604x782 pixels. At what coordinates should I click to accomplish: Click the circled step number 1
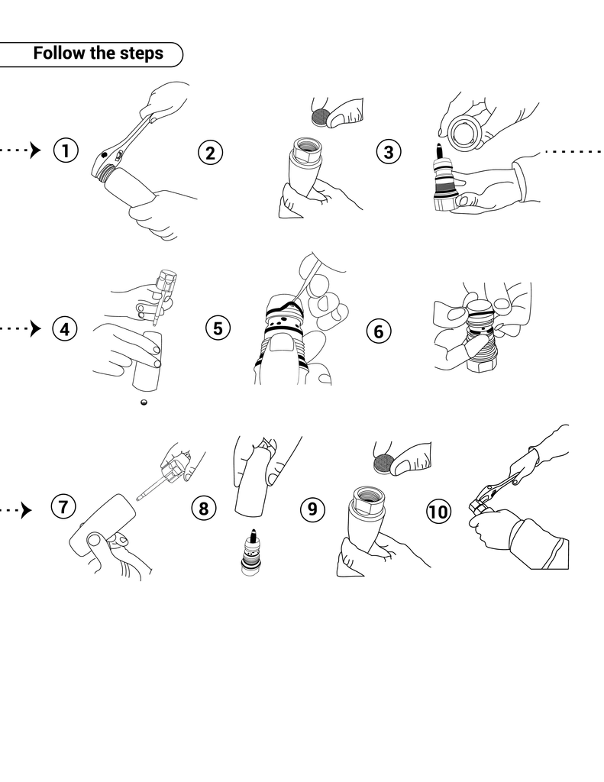66,150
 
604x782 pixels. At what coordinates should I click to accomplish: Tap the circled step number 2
211,153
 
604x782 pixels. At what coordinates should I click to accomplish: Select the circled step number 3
389,152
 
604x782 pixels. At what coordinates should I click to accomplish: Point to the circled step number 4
65,329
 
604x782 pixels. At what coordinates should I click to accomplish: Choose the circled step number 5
218,328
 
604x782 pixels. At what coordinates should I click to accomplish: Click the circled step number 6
379,331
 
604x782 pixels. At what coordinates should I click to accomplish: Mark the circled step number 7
63,506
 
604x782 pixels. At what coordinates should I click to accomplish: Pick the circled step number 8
204,508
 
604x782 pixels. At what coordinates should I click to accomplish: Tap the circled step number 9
312,509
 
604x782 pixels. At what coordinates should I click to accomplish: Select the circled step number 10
438,512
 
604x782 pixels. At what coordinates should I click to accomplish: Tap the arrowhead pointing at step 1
35,150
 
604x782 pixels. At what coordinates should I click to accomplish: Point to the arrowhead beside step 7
27,510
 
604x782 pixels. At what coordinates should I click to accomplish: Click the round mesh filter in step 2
320,117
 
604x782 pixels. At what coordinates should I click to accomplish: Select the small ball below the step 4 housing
144,402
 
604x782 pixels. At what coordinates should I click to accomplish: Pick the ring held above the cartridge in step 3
466,132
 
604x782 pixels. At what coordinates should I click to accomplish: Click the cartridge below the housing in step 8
252,553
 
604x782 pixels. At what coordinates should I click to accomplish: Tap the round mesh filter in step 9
383,464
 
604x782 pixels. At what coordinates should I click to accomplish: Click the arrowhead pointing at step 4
35,328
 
